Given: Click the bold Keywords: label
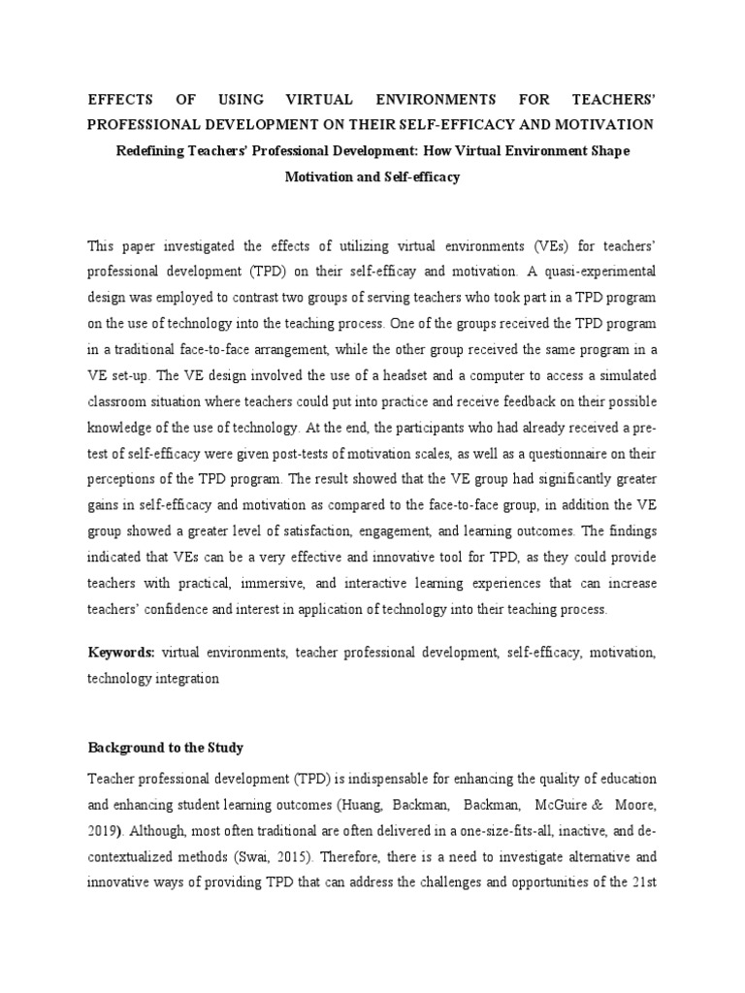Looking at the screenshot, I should tap(121, 655).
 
